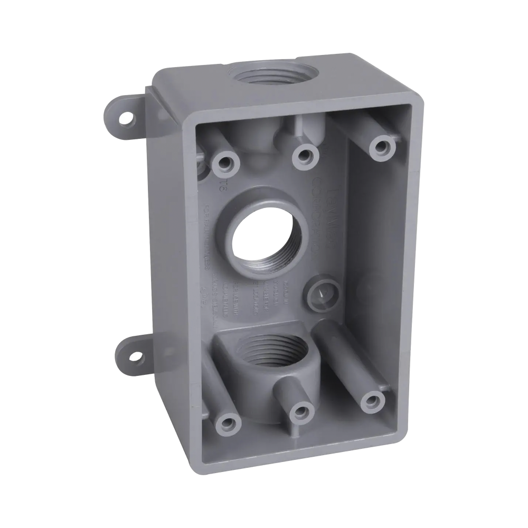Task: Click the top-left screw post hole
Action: tap(226, 163)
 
